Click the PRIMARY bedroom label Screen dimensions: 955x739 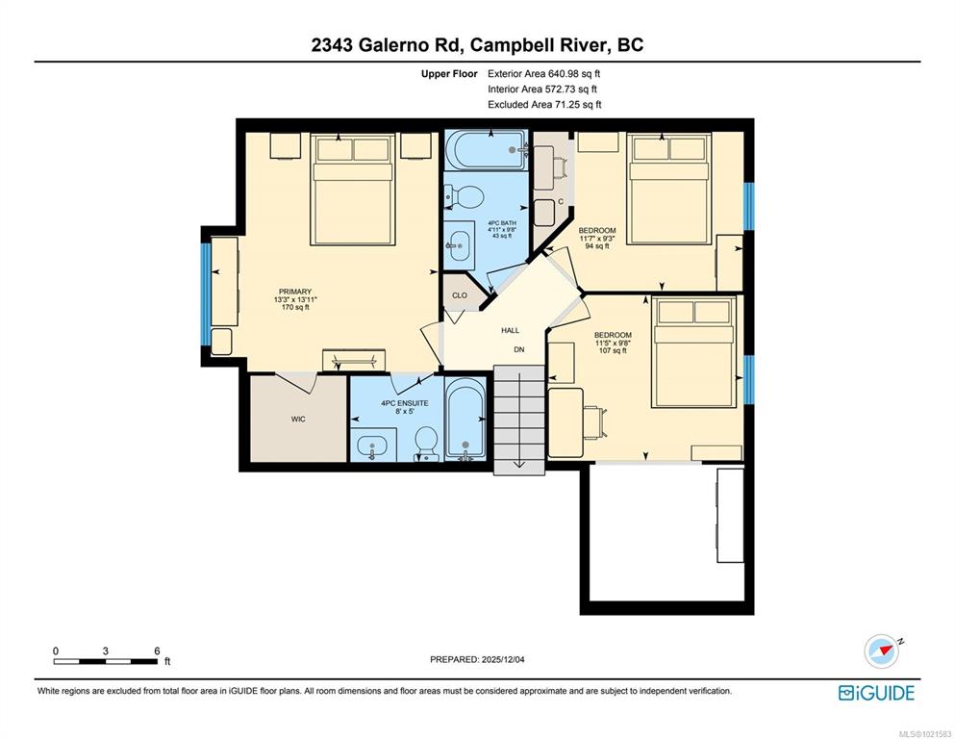click(x=295, y=292)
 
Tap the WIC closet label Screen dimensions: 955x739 click(x=298, y=420)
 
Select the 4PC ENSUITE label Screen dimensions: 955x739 click(x=405, y=403)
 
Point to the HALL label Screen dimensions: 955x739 click(x=511, y=330)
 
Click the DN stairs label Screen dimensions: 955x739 click(x=519, y=349)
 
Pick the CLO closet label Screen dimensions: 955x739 click(x=460, y=295)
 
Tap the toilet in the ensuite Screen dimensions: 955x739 click(x=426, y=443)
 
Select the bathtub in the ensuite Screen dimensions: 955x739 click(x=465, y=419)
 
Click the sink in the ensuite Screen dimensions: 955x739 click(x=373, y=446)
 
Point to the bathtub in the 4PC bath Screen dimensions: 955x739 click(x=486, y=150)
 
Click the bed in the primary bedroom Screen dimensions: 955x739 click(x=353, y=190)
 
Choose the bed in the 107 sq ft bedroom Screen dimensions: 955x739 click(x=693, y=352)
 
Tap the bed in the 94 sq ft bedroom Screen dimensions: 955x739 click(x=669, y=189)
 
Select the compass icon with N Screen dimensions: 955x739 click(x=882, y=651)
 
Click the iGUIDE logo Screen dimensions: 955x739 click(x=876, y=694)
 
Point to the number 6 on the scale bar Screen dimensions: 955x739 click(x=157, y=650)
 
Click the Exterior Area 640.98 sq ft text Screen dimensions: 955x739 click(x=544, y=74)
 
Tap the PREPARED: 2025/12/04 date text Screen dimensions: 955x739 click(x=477, y=659)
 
